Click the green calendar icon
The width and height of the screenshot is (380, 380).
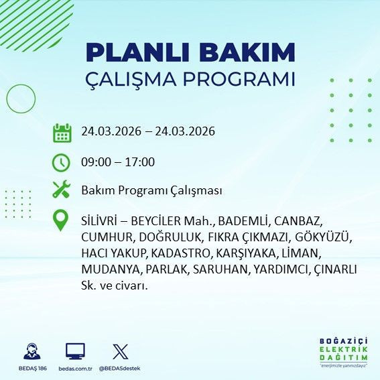(x=62, y=132)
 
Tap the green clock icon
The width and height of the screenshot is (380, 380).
(x=62, y=162)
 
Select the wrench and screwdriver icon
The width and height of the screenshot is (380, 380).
(x=62, y=190)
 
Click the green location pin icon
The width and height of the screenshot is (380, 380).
(x=62, y=220)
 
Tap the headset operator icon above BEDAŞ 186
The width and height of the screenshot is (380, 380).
(x=29, y=351)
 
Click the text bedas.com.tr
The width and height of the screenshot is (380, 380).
(x=74, y=369)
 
